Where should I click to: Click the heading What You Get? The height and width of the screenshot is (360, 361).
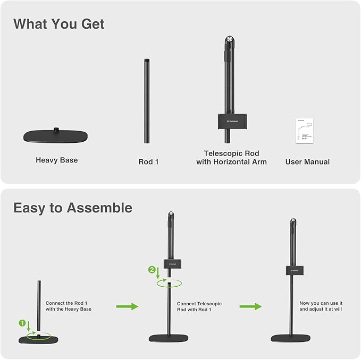tap(58, 24)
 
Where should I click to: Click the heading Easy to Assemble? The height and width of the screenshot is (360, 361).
tap(73, 208)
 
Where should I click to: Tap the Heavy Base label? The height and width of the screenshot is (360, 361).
tap(56, 160)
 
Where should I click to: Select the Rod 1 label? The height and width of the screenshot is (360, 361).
tap(149, 161)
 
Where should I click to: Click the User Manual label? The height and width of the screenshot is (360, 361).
tap(307, 161)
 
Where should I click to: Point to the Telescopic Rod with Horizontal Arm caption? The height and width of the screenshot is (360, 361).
tap(231, 158)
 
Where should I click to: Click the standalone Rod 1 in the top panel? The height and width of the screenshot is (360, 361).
tap(147, 101)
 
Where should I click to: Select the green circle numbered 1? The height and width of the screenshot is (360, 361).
tap(22, 322)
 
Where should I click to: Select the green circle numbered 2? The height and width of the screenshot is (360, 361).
tap(152, 270)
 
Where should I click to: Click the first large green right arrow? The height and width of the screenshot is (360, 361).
tap(127, 306)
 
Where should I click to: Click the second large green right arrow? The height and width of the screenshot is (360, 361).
tap(250, 306)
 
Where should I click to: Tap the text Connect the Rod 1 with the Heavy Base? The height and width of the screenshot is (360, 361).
tap(69, 306)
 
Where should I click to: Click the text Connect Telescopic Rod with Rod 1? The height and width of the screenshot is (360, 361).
tap(199, 306)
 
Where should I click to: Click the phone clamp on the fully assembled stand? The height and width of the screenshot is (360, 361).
tap(292, 270)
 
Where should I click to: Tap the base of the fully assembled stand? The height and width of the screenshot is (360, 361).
tap(291, 338)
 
